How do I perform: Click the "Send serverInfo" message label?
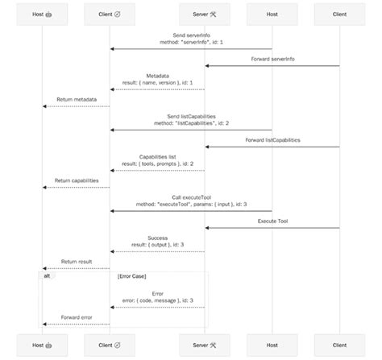click(x=191, y=36)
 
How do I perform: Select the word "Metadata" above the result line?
click(x=157, y=77)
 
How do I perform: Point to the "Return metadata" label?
click(x=77, y=100)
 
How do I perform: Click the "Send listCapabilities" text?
click(x=191, y=116)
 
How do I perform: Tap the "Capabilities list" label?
click(x=157, y=156)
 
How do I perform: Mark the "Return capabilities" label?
click(x=77, y=180)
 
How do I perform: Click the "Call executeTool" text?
click(x=191, y=197)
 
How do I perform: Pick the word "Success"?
click(x=157, y=238)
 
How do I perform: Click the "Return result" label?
click(x=77, y=261)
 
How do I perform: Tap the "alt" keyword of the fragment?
click(x=48, y=275)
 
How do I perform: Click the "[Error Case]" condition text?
click(x=131, y=275)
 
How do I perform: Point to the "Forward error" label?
click(x=77, y=317)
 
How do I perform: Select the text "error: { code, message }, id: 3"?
click(x=157, y=300)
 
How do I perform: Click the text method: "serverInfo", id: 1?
click(x=191, y=43)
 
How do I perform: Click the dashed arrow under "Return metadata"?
click(x=77, y=106)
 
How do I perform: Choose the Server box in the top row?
click(x=205, y=14)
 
